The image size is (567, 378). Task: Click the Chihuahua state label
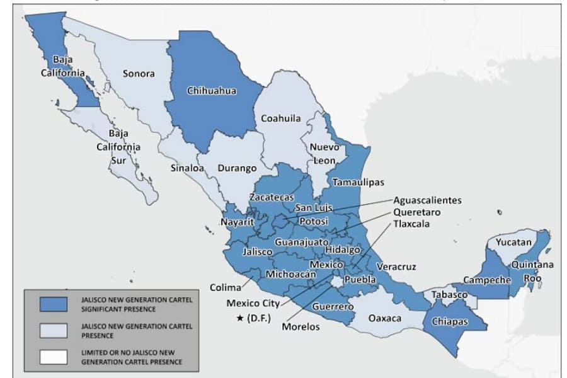(212, 91)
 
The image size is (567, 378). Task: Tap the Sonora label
(138, 74)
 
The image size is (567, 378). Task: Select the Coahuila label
(280, 118)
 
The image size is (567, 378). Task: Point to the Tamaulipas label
(358, 181)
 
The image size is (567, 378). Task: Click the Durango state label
(237, 168)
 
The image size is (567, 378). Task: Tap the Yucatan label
(513, 242)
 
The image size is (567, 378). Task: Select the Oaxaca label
(384, 318)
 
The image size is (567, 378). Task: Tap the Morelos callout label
(301, 326)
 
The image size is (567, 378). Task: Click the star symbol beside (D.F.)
(240, 318)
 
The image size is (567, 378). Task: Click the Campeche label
(486, 280)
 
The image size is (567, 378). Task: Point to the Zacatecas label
(270, 197)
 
